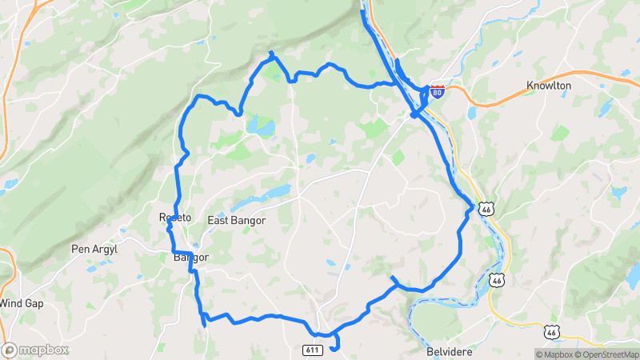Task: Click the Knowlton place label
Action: [549, 86]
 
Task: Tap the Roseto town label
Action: [175, 218]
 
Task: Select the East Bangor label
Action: [236, 220]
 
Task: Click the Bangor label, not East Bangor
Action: [190, 258]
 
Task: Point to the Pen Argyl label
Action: [94, 250]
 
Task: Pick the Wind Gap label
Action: [20, 303]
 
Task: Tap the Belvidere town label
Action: [452, 352]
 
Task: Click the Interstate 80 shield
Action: [436, 91]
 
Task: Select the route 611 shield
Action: [313, 350]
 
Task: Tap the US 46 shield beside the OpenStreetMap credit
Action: [550, 332]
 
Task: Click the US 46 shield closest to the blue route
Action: [486, 209]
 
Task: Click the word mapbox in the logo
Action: [44, 350]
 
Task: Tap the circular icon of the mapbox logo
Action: [10, 350]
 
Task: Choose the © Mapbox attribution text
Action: [554, 354]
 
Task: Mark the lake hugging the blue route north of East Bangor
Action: [260, 126]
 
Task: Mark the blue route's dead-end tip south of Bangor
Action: [205, 325]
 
